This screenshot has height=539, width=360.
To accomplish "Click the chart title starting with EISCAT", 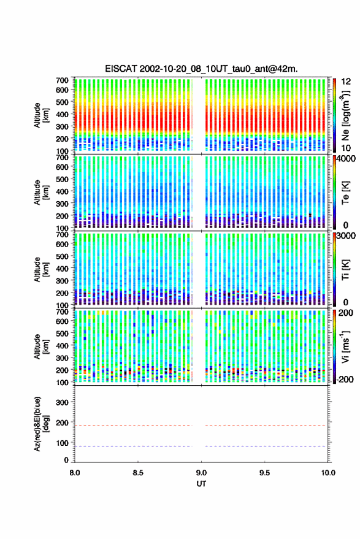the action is [202, 69].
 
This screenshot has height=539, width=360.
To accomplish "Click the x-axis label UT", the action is [202, 484].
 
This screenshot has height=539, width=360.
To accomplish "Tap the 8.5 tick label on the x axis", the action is [138, 473].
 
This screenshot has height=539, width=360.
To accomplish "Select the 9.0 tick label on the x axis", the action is [202, 473].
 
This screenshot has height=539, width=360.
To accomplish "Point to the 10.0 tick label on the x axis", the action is [328, 473].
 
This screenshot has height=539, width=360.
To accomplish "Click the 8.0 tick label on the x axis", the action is [75, 473].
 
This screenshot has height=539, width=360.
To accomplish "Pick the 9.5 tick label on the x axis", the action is [265, 473].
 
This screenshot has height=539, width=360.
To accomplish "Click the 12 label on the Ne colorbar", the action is [347, 82].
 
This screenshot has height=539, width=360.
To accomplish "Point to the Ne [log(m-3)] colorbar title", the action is [345, 116].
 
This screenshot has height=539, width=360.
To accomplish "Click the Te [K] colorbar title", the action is [345, 193].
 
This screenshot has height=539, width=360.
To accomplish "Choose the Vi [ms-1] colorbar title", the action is [345, 346].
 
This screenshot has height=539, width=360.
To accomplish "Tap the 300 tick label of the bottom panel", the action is [62, 402].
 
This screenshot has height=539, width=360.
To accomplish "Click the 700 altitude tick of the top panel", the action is [62, 80].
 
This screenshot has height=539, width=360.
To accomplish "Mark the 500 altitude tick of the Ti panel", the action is [62, 256].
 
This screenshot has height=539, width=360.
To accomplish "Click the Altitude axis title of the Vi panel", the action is [42, 346].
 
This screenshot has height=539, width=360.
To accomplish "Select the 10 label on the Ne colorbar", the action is [347, 148].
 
